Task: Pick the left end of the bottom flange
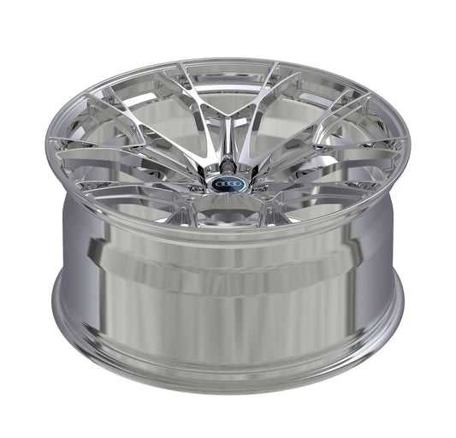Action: tap(58, 304)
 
